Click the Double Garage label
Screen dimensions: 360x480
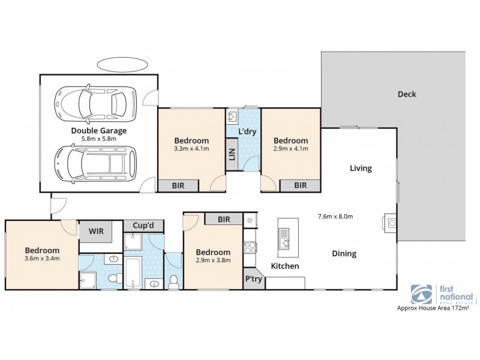coord(98,130)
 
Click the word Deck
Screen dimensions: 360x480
coord(406,94)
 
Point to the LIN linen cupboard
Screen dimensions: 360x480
coord(232,155)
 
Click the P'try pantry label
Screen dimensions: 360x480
coord(251,279)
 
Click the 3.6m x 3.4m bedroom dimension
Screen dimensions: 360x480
coord(42,259)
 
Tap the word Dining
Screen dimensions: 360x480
coord(344,253)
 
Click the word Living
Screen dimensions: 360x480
coord(361,169)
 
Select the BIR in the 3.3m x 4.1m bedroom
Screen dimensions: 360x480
coord(178,186)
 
